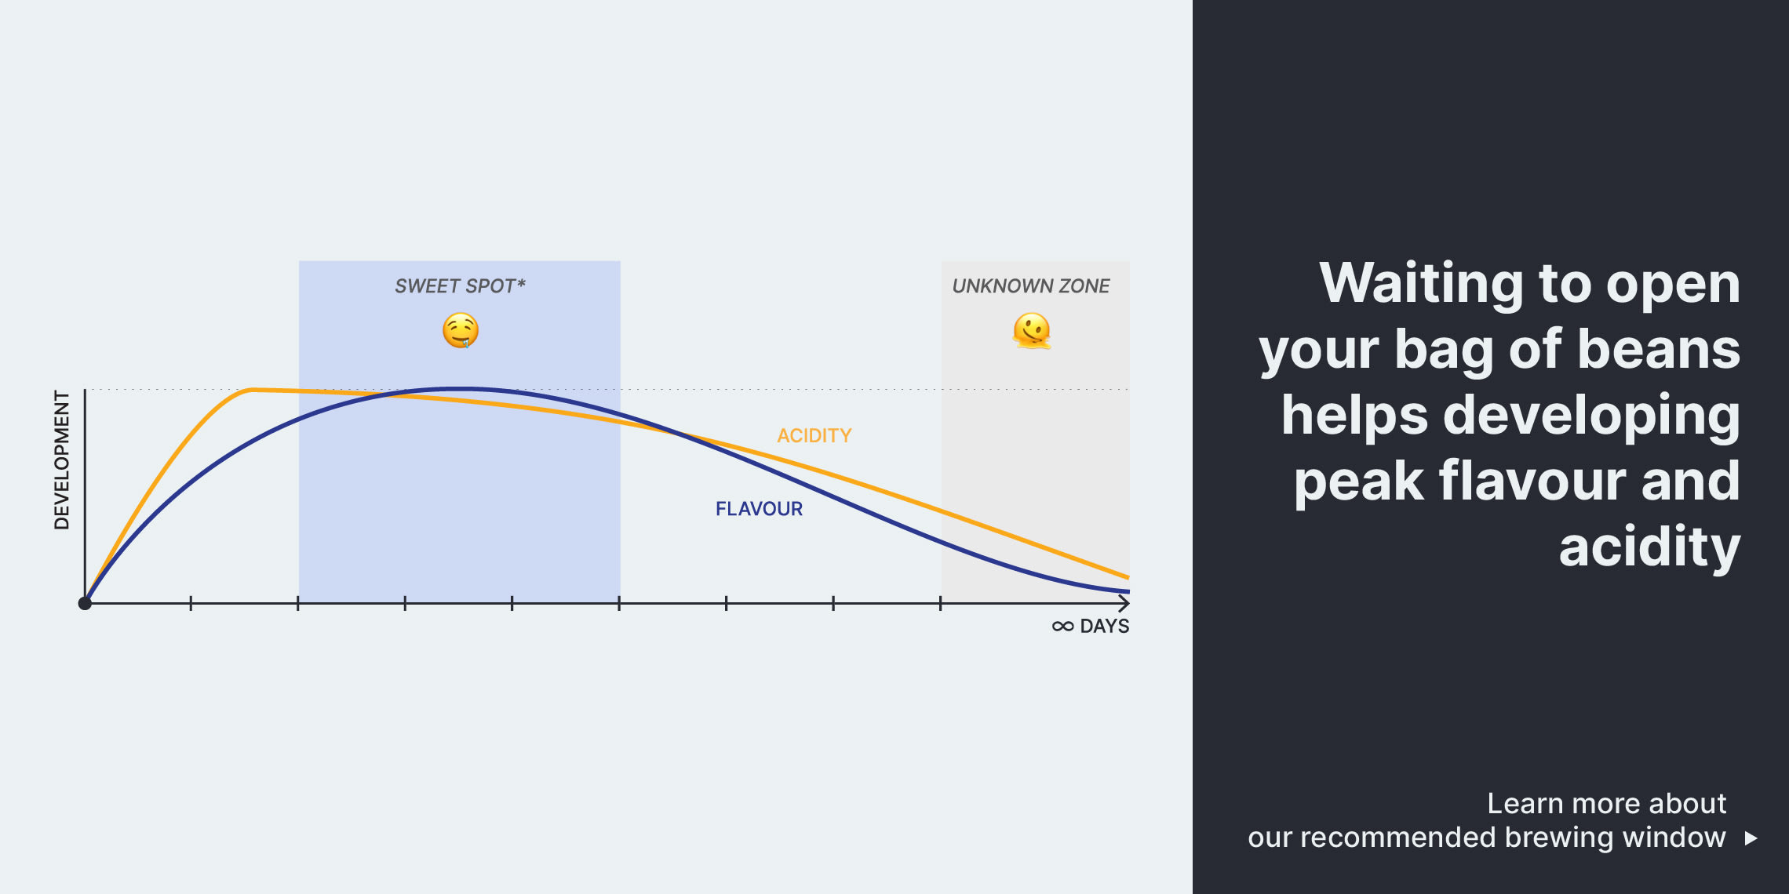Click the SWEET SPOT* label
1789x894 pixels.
click(460, 286)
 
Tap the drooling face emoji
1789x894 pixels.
click(461, 330)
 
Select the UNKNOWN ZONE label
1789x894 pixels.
click(1031, 286)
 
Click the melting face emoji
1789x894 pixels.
click(1032, 330)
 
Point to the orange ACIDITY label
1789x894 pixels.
click(814, 436)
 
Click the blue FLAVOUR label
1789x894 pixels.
click(759, 509)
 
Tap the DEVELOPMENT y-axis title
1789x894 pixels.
click(62, 460)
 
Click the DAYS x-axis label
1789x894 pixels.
click(1105, 627)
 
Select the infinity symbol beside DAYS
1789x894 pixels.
click(1063, 627)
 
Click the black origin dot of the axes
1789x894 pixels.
click(85, 603)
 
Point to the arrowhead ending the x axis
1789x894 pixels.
click(1125, 603)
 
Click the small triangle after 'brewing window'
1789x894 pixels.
click(1751, 838)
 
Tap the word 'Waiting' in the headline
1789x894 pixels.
click(1422, 283)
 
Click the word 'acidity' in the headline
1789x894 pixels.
click(1649, 547)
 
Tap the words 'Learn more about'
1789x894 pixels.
click(1606, 804)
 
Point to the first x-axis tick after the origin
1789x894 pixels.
click(191, 603)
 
